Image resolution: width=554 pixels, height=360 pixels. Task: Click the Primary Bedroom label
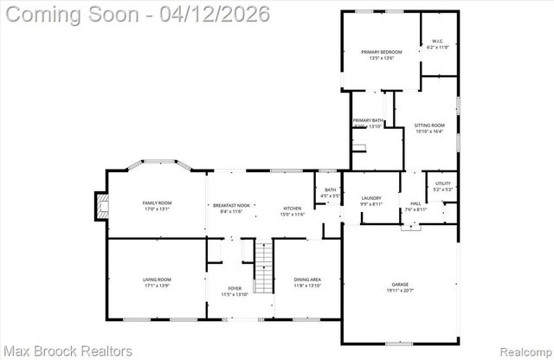[x=382, y=55]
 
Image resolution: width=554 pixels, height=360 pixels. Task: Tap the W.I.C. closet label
[x=434, y=44]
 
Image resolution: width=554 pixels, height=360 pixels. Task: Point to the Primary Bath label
[x=368, y=123]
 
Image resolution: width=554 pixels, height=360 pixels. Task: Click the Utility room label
[x=442, y=186]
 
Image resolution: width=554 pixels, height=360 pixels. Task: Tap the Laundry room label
[x=371, y=201]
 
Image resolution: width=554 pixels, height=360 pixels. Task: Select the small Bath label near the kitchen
[x=330, y=193]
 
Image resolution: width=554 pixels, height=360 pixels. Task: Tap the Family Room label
[x=157, y=205]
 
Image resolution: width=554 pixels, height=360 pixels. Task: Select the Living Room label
[x=157, y=281]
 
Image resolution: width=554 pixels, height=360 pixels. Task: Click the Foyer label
[x=235, y=291]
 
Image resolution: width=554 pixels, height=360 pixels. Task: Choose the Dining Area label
[x=308, y=281]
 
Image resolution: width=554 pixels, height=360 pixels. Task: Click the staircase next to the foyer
[x=262, y=267]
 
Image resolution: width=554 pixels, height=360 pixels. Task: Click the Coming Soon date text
[x=136, y=15]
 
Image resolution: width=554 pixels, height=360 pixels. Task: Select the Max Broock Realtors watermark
[x=68, y=350]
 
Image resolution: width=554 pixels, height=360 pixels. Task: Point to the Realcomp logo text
[x=522, y=350]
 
